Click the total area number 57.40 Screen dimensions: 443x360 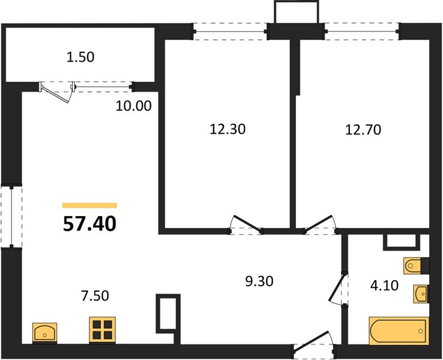[89, 224]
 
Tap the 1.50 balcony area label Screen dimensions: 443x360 [80, 57]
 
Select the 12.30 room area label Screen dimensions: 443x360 [228, 130]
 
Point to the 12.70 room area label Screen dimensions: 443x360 [363, 130]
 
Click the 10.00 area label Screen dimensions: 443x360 [134, 106]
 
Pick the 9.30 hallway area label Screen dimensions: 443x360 [259, 281]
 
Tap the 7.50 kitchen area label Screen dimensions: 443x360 [95, 296]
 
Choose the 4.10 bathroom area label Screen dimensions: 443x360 [385, 286]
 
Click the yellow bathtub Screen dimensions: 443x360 [399, 331]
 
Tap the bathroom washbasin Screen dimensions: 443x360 [421, 294]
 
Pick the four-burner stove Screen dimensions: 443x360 [102, 329]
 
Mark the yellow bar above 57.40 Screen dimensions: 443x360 [90, 205]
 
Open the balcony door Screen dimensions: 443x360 [57, 91]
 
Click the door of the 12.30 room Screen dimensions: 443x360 [245, 225]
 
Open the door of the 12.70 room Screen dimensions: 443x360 [321, 224]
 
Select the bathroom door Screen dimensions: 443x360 [338, 288]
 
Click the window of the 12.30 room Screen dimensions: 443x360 [231, 32]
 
